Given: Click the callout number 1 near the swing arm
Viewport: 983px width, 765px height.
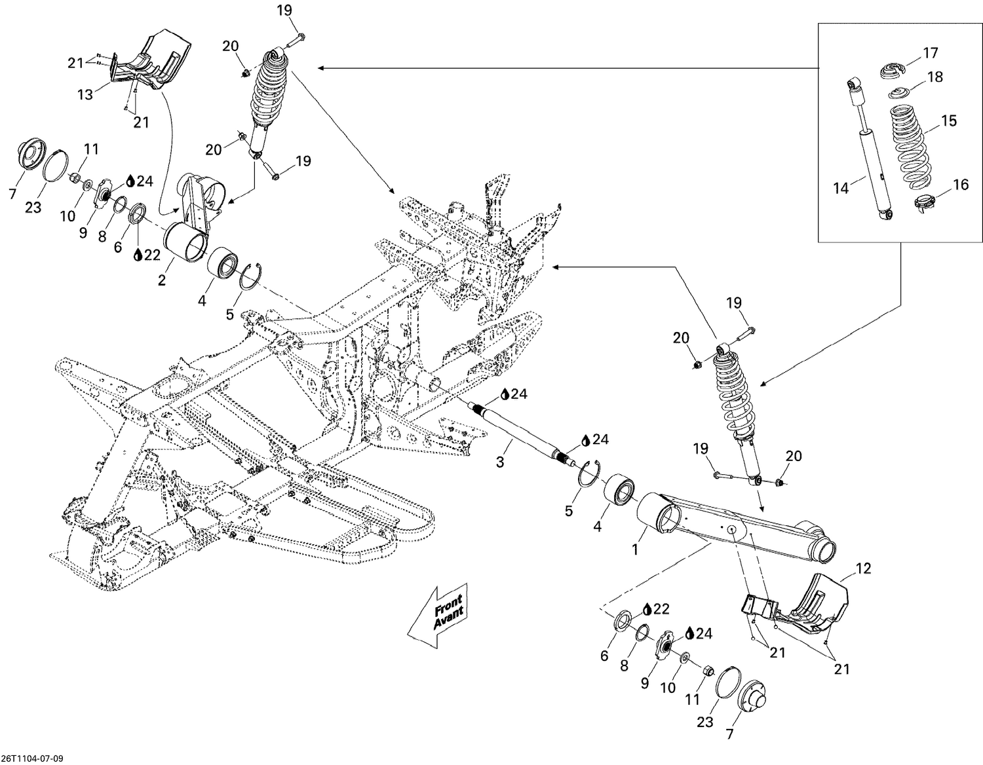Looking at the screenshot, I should pyautogui.click(x=634, y=550).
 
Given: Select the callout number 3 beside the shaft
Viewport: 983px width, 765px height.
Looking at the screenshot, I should pyautogui.click(x=500, y=462).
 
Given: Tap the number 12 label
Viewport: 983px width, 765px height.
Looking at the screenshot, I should pyautogui.click(x=864, y=569).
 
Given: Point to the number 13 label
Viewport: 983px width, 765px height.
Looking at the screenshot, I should pyautogui.click(x=85, y=95).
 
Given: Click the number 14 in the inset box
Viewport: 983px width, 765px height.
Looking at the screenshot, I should pyautogui.click(x=841, y=189).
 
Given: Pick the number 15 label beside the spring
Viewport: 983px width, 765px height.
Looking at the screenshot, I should pyautogui.click(x=949, y=121).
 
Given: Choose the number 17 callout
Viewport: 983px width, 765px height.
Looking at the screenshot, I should pyautogui.click(x=931, y=53).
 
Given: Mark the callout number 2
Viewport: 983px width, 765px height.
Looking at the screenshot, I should pyautogui.click(x=161, y=280).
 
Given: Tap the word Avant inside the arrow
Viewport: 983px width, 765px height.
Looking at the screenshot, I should pyautogui.click(x=449, y=618).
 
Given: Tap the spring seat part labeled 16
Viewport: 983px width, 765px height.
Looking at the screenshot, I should pyautogui.click(x=923, y=203).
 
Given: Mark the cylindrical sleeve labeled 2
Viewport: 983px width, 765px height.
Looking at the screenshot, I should pyautogui.click(x=187, y=242).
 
